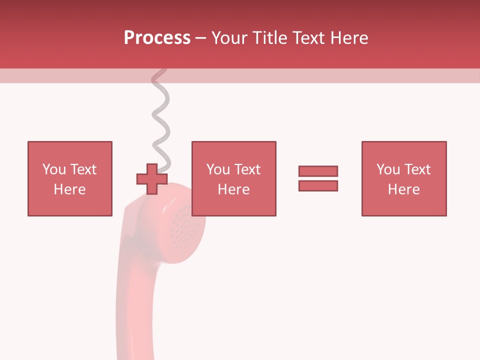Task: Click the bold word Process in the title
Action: pyautogui.click(x=157, y=38)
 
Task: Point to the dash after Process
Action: pyautogui.click(x=200, y=38)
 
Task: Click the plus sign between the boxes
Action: pyautogui.click(x=152, y=179)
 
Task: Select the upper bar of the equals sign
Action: pyautogui.click(x=318, y=171)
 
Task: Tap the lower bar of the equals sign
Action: pyautogui.click(x=318, y=185)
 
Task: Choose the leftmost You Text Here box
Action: pyautogui.click(x=69, y=178)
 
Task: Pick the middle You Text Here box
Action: pyautogui.click(x=233, y=178)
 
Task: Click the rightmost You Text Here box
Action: pyautogui.click(x=403, y=178)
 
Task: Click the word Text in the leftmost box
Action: pyautogui.click(x=83, y=169)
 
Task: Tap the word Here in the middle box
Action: pyautogui.click(x=233, y=189)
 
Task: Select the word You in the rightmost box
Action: pyautogui.click(x=388, y=169)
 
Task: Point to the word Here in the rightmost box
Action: pyautogui.click(x=403, y=189)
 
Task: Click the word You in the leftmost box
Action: pyautogui.click(x=54, y=169)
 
